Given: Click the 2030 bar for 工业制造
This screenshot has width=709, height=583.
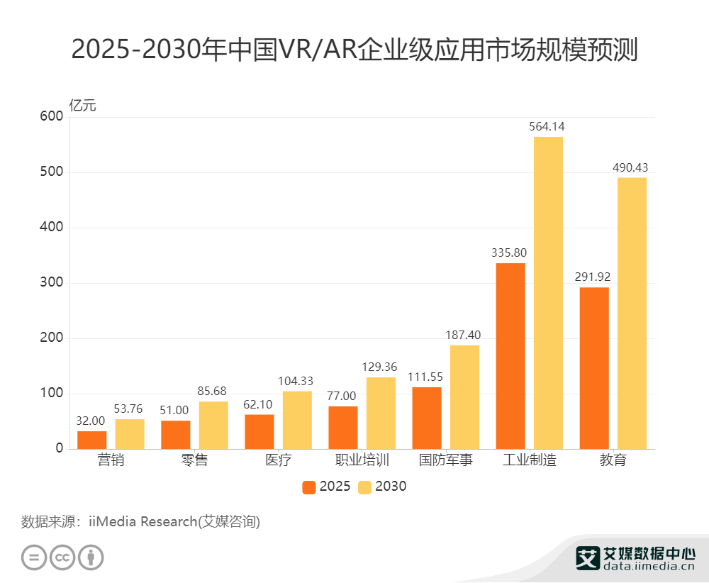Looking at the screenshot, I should tap(548, 293).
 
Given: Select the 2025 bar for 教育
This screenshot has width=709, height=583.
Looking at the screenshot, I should tap(594, 368).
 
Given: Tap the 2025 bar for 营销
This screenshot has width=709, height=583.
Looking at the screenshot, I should tap(92, 440).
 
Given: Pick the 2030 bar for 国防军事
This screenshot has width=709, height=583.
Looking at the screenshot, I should tap(464, 397).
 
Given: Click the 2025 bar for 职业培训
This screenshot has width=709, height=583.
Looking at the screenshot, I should tap(343, 428).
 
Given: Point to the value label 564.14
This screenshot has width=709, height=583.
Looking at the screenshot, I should tap(547, 127).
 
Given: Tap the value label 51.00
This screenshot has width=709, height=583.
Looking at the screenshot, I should tap(175, 410).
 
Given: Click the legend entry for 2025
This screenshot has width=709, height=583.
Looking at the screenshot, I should tap(326, 487).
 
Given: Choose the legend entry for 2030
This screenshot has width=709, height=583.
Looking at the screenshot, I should tap(383, 487).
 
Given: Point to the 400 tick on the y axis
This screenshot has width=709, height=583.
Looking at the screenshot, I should tap(52, 228).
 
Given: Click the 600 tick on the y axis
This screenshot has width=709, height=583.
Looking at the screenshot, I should tap(52, 117).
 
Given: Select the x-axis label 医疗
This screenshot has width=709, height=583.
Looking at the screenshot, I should tap(279, 460).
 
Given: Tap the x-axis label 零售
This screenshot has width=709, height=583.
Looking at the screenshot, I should tap(195, 460).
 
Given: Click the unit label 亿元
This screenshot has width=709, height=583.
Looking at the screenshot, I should tap(82, 106).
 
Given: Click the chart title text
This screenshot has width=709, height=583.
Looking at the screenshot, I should tap(354, 50).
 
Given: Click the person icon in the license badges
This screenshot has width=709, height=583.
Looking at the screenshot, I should tap(91, 557).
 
